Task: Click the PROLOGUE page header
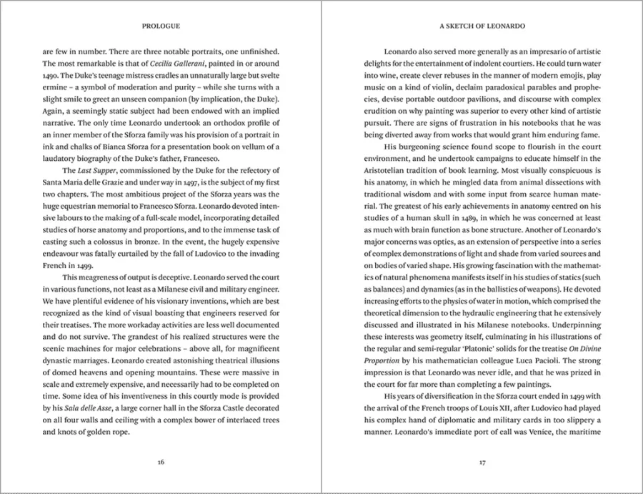(x=161, y=25)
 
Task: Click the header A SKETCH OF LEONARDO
(x=482, y=25)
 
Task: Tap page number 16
(x=161, y=462)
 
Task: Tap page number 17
(x=482, y=462)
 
